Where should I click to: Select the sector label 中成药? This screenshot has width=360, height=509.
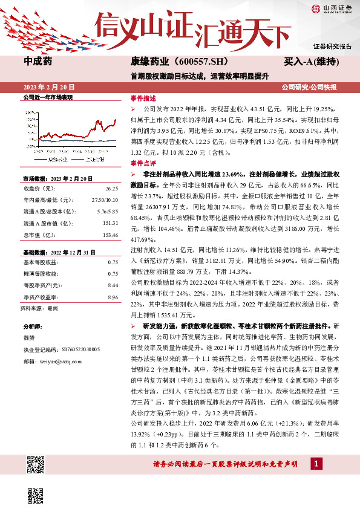click(38, 61)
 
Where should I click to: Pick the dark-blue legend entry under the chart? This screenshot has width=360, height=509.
click(91, 159)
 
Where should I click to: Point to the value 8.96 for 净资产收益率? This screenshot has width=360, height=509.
click(113, 297)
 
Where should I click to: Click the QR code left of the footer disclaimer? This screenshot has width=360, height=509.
click(36, 465)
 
